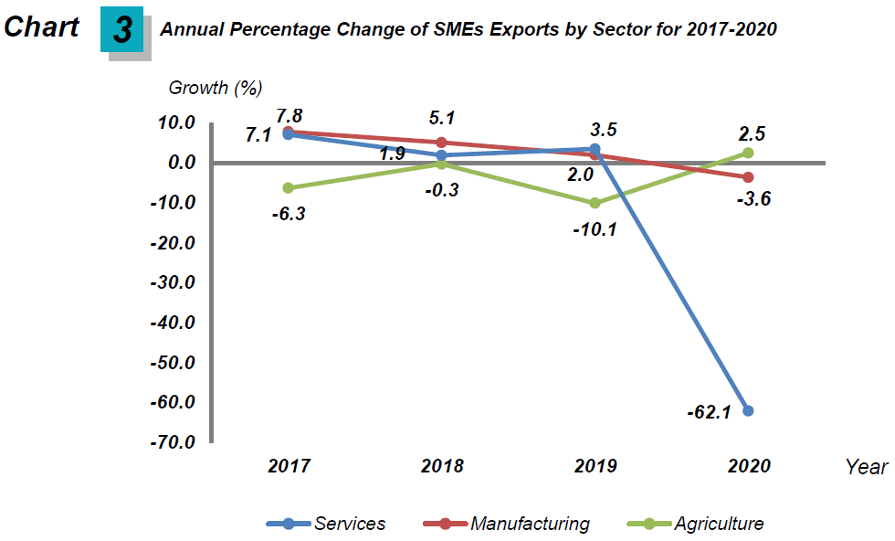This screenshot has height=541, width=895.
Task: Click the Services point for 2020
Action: pyautogui.click(x=748, y=410)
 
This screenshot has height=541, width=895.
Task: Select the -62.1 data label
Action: pyautogui.click(x=710, y=412)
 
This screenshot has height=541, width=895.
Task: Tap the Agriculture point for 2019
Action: pyautogui.click(x=595, y=203)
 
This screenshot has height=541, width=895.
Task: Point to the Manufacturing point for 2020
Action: pyautogui.click(x=748, y=177)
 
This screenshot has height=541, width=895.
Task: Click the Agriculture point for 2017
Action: pyautogui.click(x=288, y=187)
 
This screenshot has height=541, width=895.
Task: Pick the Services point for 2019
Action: pyautogui.click(x=595, y=149)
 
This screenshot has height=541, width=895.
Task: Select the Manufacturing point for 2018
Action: pyautogui.click(x=441, y=143)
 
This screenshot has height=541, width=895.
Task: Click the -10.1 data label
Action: pyautogui.click(x=595, y=229)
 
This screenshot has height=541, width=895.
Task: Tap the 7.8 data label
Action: pyautogui.click(x=290, y=114)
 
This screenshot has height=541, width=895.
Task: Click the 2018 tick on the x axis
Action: pyautogui.click(x=442, y=466)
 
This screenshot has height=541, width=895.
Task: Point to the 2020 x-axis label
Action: pyautogui.click(x=749, y=466)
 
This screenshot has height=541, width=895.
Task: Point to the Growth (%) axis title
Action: pyautogui.click(x=216, y=88)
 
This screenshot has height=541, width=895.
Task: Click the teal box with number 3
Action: pyautogui.click(x=122, y=30)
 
